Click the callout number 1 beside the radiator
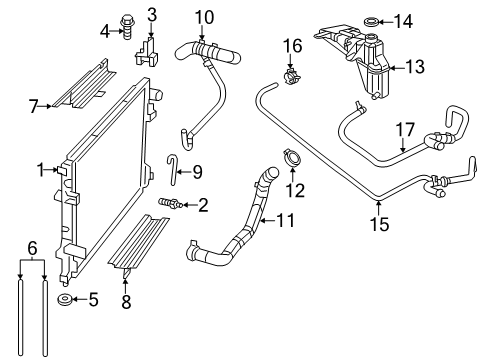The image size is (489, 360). point(41,170)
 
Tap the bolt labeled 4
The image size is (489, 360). point(129,32)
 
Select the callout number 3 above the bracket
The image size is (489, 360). point(152,13)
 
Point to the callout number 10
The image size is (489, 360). point(204,16)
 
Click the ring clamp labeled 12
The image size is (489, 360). point(293,158)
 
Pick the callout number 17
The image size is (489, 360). point(404,128)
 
